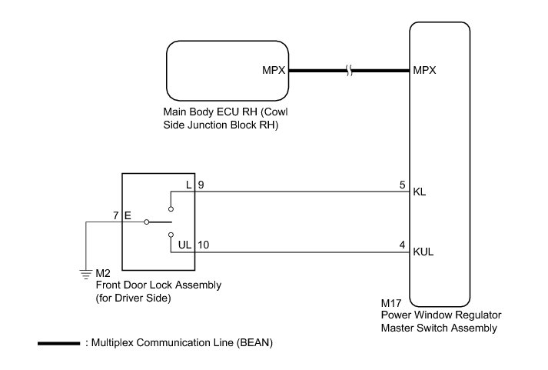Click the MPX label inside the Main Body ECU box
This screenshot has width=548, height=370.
(274, 70)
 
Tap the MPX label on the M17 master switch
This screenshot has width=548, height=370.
(424, 70)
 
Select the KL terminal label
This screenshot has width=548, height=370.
(420, 192)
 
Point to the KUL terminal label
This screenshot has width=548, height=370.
(423, 252)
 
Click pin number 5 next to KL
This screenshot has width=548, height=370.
(402, 185)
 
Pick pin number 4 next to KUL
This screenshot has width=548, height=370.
(402, 245)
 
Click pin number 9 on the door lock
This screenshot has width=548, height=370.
(201, 185)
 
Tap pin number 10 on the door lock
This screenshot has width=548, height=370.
(204, 245)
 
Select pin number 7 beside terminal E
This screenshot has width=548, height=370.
(116, 215)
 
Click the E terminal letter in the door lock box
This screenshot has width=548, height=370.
(128, 215)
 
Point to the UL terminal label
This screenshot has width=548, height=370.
(185, 245)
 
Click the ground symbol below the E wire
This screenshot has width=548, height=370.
(85, 274)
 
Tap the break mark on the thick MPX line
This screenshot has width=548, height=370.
(349, 70)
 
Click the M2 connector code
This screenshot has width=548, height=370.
(103, 273)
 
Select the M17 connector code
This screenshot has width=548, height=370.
(391, 303)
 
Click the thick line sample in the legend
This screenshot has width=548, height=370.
(58, 343)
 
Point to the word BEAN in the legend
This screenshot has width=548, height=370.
(255, 343)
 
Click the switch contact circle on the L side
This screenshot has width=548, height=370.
(171, 209)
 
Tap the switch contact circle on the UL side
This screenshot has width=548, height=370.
(171, 235)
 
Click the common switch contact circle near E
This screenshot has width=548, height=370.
(147, 222)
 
